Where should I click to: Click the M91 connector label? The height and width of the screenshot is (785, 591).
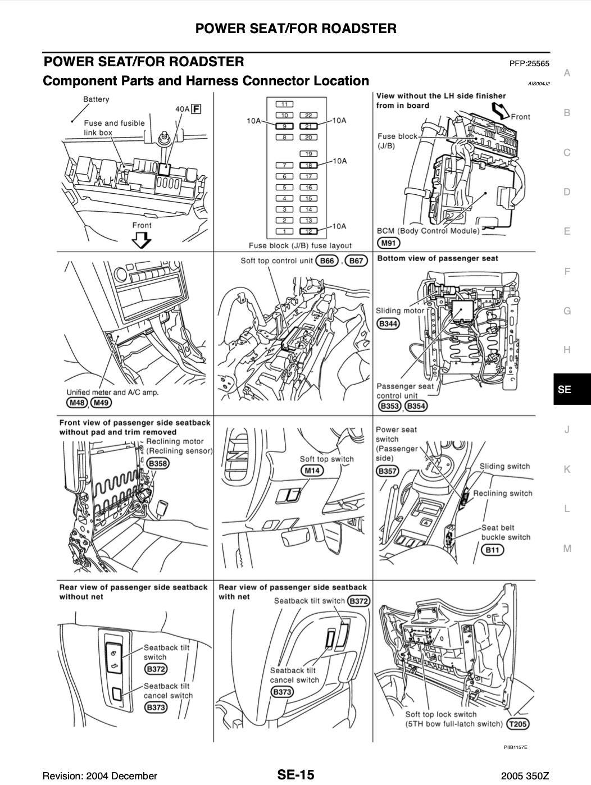388,243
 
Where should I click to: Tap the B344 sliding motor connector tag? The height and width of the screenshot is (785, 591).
388,323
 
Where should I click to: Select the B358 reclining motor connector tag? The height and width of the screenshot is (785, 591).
158,464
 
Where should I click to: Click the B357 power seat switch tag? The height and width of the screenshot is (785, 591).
388,471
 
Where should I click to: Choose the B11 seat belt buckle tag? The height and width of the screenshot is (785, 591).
492,550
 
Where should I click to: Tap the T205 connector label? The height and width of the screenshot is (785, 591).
517,724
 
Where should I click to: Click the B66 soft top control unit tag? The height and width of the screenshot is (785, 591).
327,261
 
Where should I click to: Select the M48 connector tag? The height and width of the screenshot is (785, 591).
76,403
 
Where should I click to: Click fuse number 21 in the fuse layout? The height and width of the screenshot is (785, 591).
308,126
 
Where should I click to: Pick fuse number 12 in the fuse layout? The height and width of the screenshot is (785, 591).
308,231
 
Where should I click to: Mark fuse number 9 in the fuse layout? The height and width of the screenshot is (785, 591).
285,126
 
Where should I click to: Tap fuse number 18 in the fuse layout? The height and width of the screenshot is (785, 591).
308,165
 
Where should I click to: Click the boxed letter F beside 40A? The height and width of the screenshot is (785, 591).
196,109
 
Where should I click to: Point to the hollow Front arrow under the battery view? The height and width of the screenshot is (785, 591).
142,241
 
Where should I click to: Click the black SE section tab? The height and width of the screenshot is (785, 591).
571,389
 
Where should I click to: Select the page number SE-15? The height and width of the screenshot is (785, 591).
295,775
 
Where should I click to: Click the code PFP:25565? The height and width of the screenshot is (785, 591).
529,64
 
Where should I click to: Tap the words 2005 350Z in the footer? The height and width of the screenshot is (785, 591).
525,776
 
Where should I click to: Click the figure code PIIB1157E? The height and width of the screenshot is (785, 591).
515,747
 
